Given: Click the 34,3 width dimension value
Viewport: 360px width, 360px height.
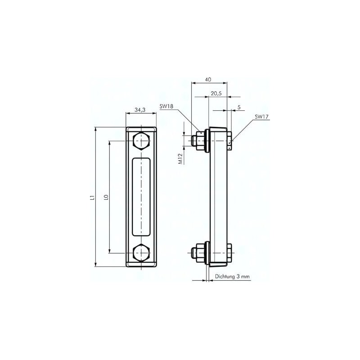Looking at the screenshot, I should [x=140, y=110].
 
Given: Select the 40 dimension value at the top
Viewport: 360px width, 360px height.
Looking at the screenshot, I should [x=208, y=80].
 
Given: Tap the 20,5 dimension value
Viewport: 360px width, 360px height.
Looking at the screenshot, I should [x=216, y=94].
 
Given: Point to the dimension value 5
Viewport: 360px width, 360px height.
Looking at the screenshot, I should [x=238, y=107].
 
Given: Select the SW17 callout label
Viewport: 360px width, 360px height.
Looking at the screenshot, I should [x=261, y=117].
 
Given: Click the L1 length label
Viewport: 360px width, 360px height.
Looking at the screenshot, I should [x=91, y=197].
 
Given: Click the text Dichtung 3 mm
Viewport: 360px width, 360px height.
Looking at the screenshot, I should [x=232, y=277].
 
